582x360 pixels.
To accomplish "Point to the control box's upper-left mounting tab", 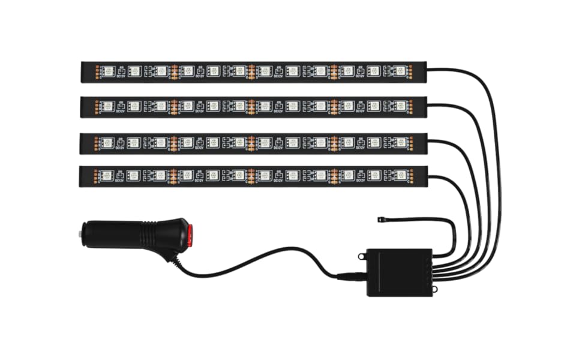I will click(362, 256).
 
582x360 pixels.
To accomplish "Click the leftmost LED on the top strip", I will click(108, 71).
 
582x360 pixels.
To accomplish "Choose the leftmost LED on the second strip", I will click(108, 106).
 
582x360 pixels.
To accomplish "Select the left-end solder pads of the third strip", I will click(97, 143).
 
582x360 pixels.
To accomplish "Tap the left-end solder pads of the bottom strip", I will click(97, 176).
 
